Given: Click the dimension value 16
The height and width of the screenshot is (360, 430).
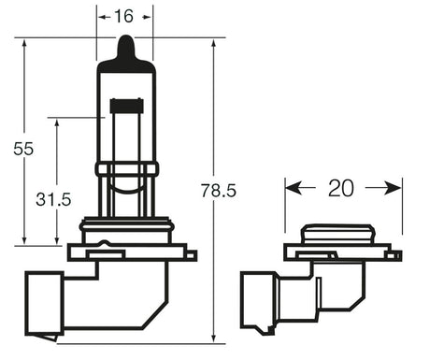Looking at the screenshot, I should point(124,17).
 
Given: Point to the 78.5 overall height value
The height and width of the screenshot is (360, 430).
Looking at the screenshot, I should point(219,191).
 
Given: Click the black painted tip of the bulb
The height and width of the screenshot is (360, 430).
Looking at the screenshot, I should point(124,49).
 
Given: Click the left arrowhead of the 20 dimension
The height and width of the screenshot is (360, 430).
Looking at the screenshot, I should point(292,188).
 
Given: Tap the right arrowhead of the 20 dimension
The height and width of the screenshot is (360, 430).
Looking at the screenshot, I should point(395,188).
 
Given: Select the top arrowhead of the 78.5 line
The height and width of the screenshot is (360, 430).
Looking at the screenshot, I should point(213,43).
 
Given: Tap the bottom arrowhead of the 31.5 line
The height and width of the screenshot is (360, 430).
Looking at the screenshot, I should point(56,240).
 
